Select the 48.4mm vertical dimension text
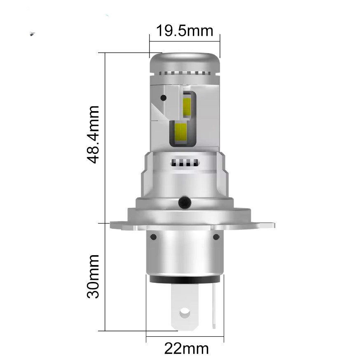point(94,134)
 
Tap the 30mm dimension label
point(94,276)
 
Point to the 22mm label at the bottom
point(186,349)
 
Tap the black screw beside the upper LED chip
point(164,98)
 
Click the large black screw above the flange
point(184,202)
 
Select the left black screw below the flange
point(154,237)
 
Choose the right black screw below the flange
point(215,237)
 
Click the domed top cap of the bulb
point(184,62)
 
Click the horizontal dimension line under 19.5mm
point(185,41)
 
